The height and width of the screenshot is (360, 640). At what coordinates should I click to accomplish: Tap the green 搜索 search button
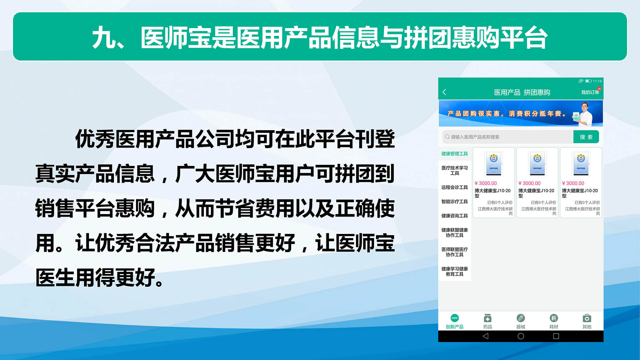click(586, 137)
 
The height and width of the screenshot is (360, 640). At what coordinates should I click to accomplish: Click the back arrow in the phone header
click(444, 92)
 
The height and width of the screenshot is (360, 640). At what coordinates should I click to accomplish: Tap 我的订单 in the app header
click(590, 92)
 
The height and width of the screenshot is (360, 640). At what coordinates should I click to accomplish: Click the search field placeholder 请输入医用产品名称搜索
click(475, 137)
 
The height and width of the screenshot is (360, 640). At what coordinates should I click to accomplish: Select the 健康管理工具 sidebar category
click(454, 154)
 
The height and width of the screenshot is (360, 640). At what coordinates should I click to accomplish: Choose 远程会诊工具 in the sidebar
click(454, 187)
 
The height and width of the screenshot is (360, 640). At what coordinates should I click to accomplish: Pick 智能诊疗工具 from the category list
click(454, 201)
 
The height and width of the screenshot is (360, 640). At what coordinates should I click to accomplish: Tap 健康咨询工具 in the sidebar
click(454, 216)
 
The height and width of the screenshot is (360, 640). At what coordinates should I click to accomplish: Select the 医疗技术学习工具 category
click(454, 170)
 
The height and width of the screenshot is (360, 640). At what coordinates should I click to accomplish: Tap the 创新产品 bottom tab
click(454, 321)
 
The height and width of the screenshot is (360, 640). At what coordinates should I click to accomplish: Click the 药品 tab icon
click(488, 318)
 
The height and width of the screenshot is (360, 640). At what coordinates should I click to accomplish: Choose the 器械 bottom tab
click(521, 321)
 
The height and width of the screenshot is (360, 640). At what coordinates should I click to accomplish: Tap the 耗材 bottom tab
click(554, 321)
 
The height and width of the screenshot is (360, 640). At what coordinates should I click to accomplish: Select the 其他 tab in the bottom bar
click(587, 321)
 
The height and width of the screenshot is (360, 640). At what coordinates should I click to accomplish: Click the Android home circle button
click(521, 336)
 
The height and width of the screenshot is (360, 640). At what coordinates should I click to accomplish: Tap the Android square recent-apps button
click(556, 336)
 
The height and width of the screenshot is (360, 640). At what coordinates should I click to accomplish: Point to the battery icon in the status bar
click(588, 81)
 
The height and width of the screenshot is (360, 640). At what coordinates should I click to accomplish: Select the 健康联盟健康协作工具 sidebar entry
click(454, 232)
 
